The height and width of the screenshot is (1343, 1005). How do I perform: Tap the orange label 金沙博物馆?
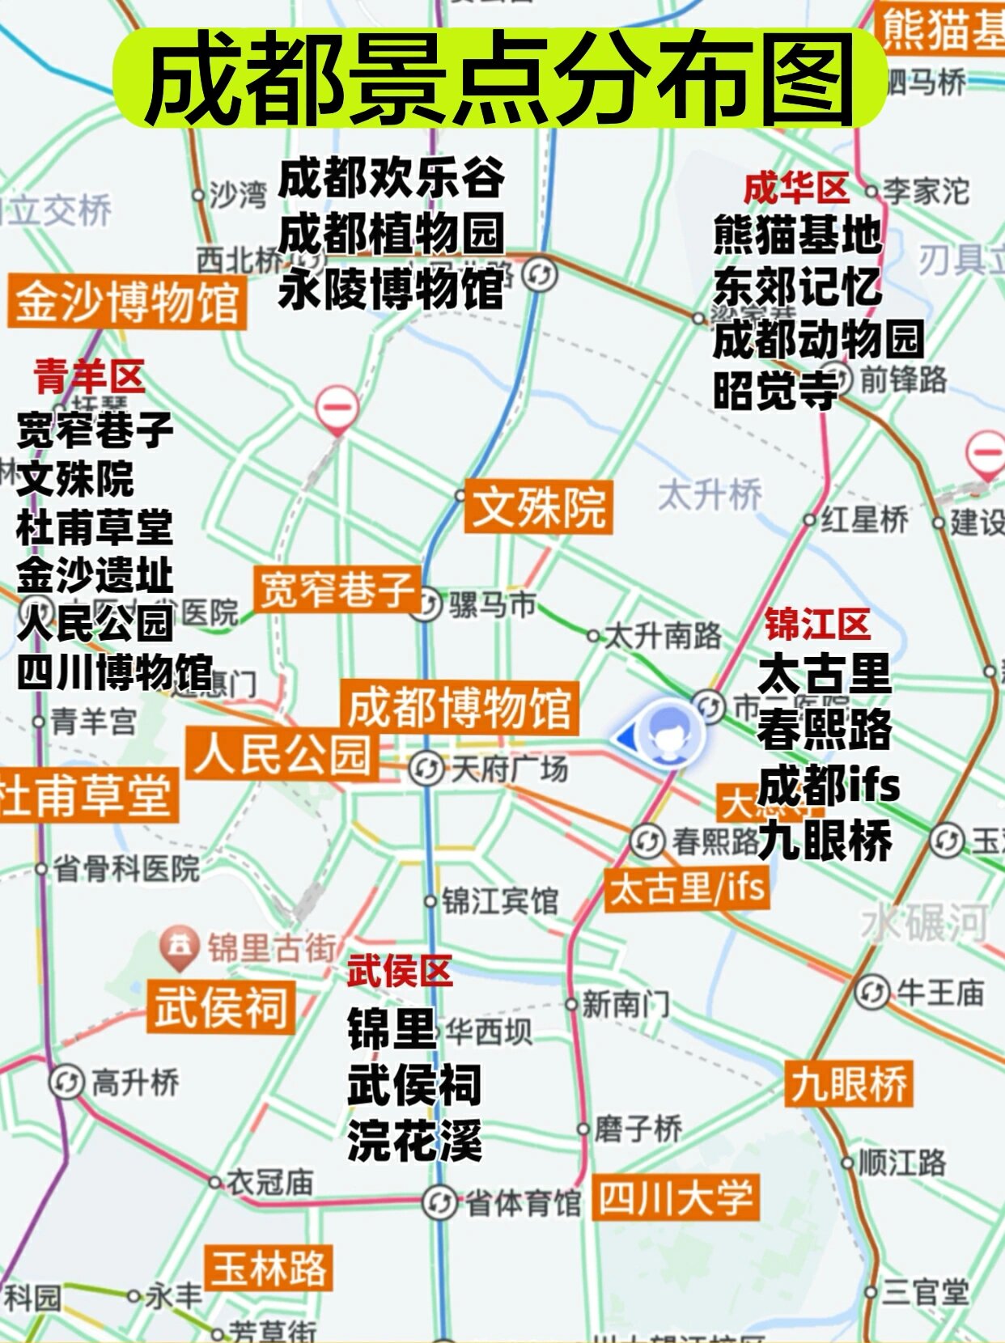[x=127, y=301]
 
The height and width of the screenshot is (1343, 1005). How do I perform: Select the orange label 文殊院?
[x=538, y=507]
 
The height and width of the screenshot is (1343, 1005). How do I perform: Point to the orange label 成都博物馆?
[x=459, y=707]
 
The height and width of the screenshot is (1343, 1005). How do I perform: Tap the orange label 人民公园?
[x=282, y=754]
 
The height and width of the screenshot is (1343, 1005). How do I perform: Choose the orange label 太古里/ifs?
[x=687, y=888]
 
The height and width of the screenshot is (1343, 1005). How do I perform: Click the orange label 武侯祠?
[x=220, y=1006]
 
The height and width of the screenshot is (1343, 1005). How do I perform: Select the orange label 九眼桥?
[x=848, y=1083]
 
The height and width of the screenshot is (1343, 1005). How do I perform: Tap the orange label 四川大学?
[x=676, y=1197]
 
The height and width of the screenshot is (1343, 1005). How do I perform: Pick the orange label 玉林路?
[x=269, y=1268]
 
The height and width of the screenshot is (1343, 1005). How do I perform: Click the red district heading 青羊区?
[x=89, y=377]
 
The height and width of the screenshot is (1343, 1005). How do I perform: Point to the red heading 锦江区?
[x=817, y=624]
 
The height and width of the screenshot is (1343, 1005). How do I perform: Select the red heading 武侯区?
[x=399, y=971]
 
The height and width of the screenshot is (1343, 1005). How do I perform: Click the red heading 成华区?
[x=796, y=189]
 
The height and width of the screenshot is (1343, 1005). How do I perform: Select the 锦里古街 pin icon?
[x=180, y=947]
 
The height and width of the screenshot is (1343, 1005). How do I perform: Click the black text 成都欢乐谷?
[x=392, y=178]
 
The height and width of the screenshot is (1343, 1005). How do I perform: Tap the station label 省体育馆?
[x=523, y=1203]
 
